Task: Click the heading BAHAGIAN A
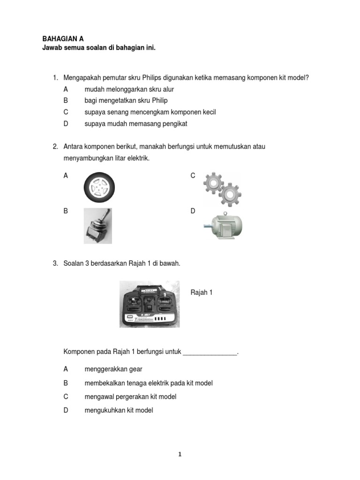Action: (x=63, y=39)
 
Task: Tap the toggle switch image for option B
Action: (x=97, y=226)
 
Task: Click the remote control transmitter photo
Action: (x=149, y=304)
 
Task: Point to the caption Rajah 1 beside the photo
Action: (x=202, y=292)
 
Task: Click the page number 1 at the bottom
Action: (x=180, y=454)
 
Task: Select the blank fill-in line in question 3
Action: (x=210, y=352)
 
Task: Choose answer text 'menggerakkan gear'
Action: (x=113, y=369)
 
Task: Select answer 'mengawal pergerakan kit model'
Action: (x=130, y=397)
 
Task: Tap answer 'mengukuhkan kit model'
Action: (x=119, y=410)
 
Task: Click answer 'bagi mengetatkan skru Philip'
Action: (x=126, y=100)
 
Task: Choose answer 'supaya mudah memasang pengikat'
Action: (x=135, y=124)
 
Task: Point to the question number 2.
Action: (x=55, y=147)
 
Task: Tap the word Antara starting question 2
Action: (x=75, y=147)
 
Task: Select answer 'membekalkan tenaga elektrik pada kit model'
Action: (x=148, y=383)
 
